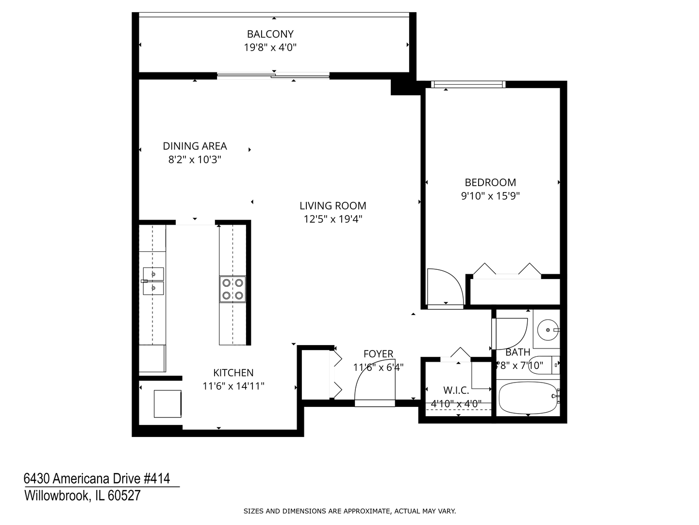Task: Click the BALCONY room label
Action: (x=270, y=34)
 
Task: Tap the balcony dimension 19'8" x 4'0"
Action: (x=270, y=48)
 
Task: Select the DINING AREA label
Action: (x=195, y=146)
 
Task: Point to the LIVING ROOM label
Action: (x=333, y=206)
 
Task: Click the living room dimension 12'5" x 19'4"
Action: (x=333, y=219)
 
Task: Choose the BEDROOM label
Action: (x=490, y=182)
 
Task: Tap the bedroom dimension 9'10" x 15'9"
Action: (x=490, y=196)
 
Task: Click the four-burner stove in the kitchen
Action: (x=232, y=289)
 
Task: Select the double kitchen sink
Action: (x=153, y=281)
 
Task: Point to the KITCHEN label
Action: (x=233, y=373)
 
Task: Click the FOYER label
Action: (x=378, y=354)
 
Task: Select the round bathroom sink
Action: (x=549, y=330)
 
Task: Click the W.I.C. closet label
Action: (x=456, y=390)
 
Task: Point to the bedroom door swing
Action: (x=444, y=287)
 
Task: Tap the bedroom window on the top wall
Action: (x=468, y=85)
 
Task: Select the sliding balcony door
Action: (x=273, y=75)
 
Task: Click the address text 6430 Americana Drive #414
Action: (x=97, y=479)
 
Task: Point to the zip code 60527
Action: (x=124, y=496)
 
